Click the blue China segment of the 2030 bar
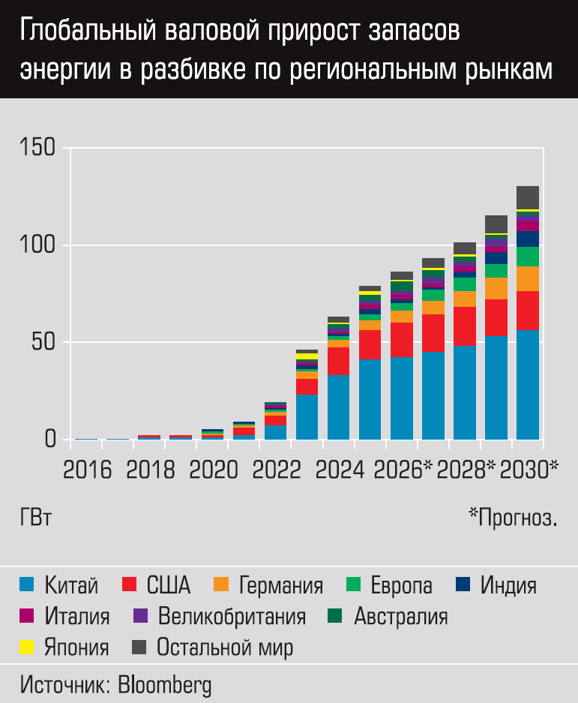[528, 384]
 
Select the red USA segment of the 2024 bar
[339, 361]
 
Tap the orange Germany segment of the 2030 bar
[528, 278]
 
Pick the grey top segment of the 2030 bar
[528, 197]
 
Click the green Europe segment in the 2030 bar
[528, 257]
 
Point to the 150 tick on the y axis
[38, 148]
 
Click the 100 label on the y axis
[38, 245]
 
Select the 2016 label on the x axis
[87, 470]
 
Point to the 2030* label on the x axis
[529, 470]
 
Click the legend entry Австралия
[400, 617]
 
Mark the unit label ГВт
[36, 517]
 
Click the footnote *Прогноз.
[513, 517]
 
